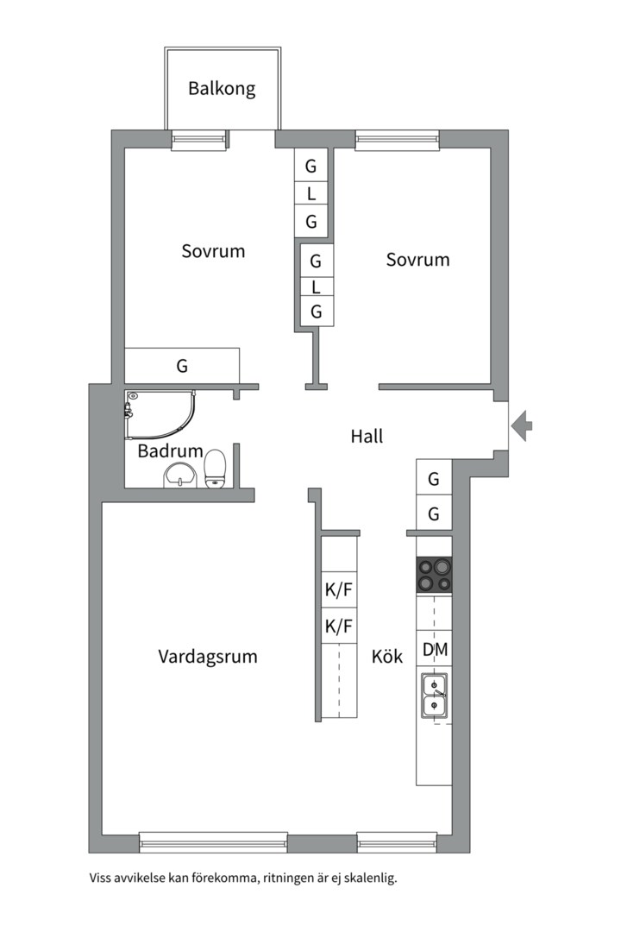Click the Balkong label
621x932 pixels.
click(x=222, y=88)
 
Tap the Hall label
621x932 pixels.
click(x=367, y=437)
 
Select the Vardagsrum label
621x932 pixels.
click(x=208, y=657)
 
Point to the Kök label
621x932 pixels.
click(x=387, y=657)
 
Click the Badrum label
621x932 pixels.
click(x=170, y=451)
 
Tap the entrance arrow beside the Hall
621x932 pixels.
click(x=522, y=425)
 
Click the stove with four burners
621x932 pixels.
click(x=435, y=575)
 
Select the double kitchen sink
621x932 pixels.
click(x=435, y=696)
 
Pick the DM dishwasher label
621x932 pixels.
click(x=435, y=649)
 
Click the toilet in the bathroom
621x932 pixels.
click(x=215, y=469)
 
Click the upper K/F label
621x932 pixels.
click(x=339, y=591)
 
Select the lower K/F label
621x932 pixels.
click(x=339, y=627)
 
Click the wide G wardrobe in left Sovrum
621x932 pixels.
click(x=182, y=366)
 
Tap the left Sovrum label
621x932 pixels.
click(x=213, y=251)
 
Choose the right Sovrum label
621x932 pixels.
click(x=418, y=259)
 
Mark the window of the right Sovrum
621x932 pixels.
click(x=397, y=135)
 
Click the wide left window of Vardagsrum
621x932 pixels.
click(x=213, y=841)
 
